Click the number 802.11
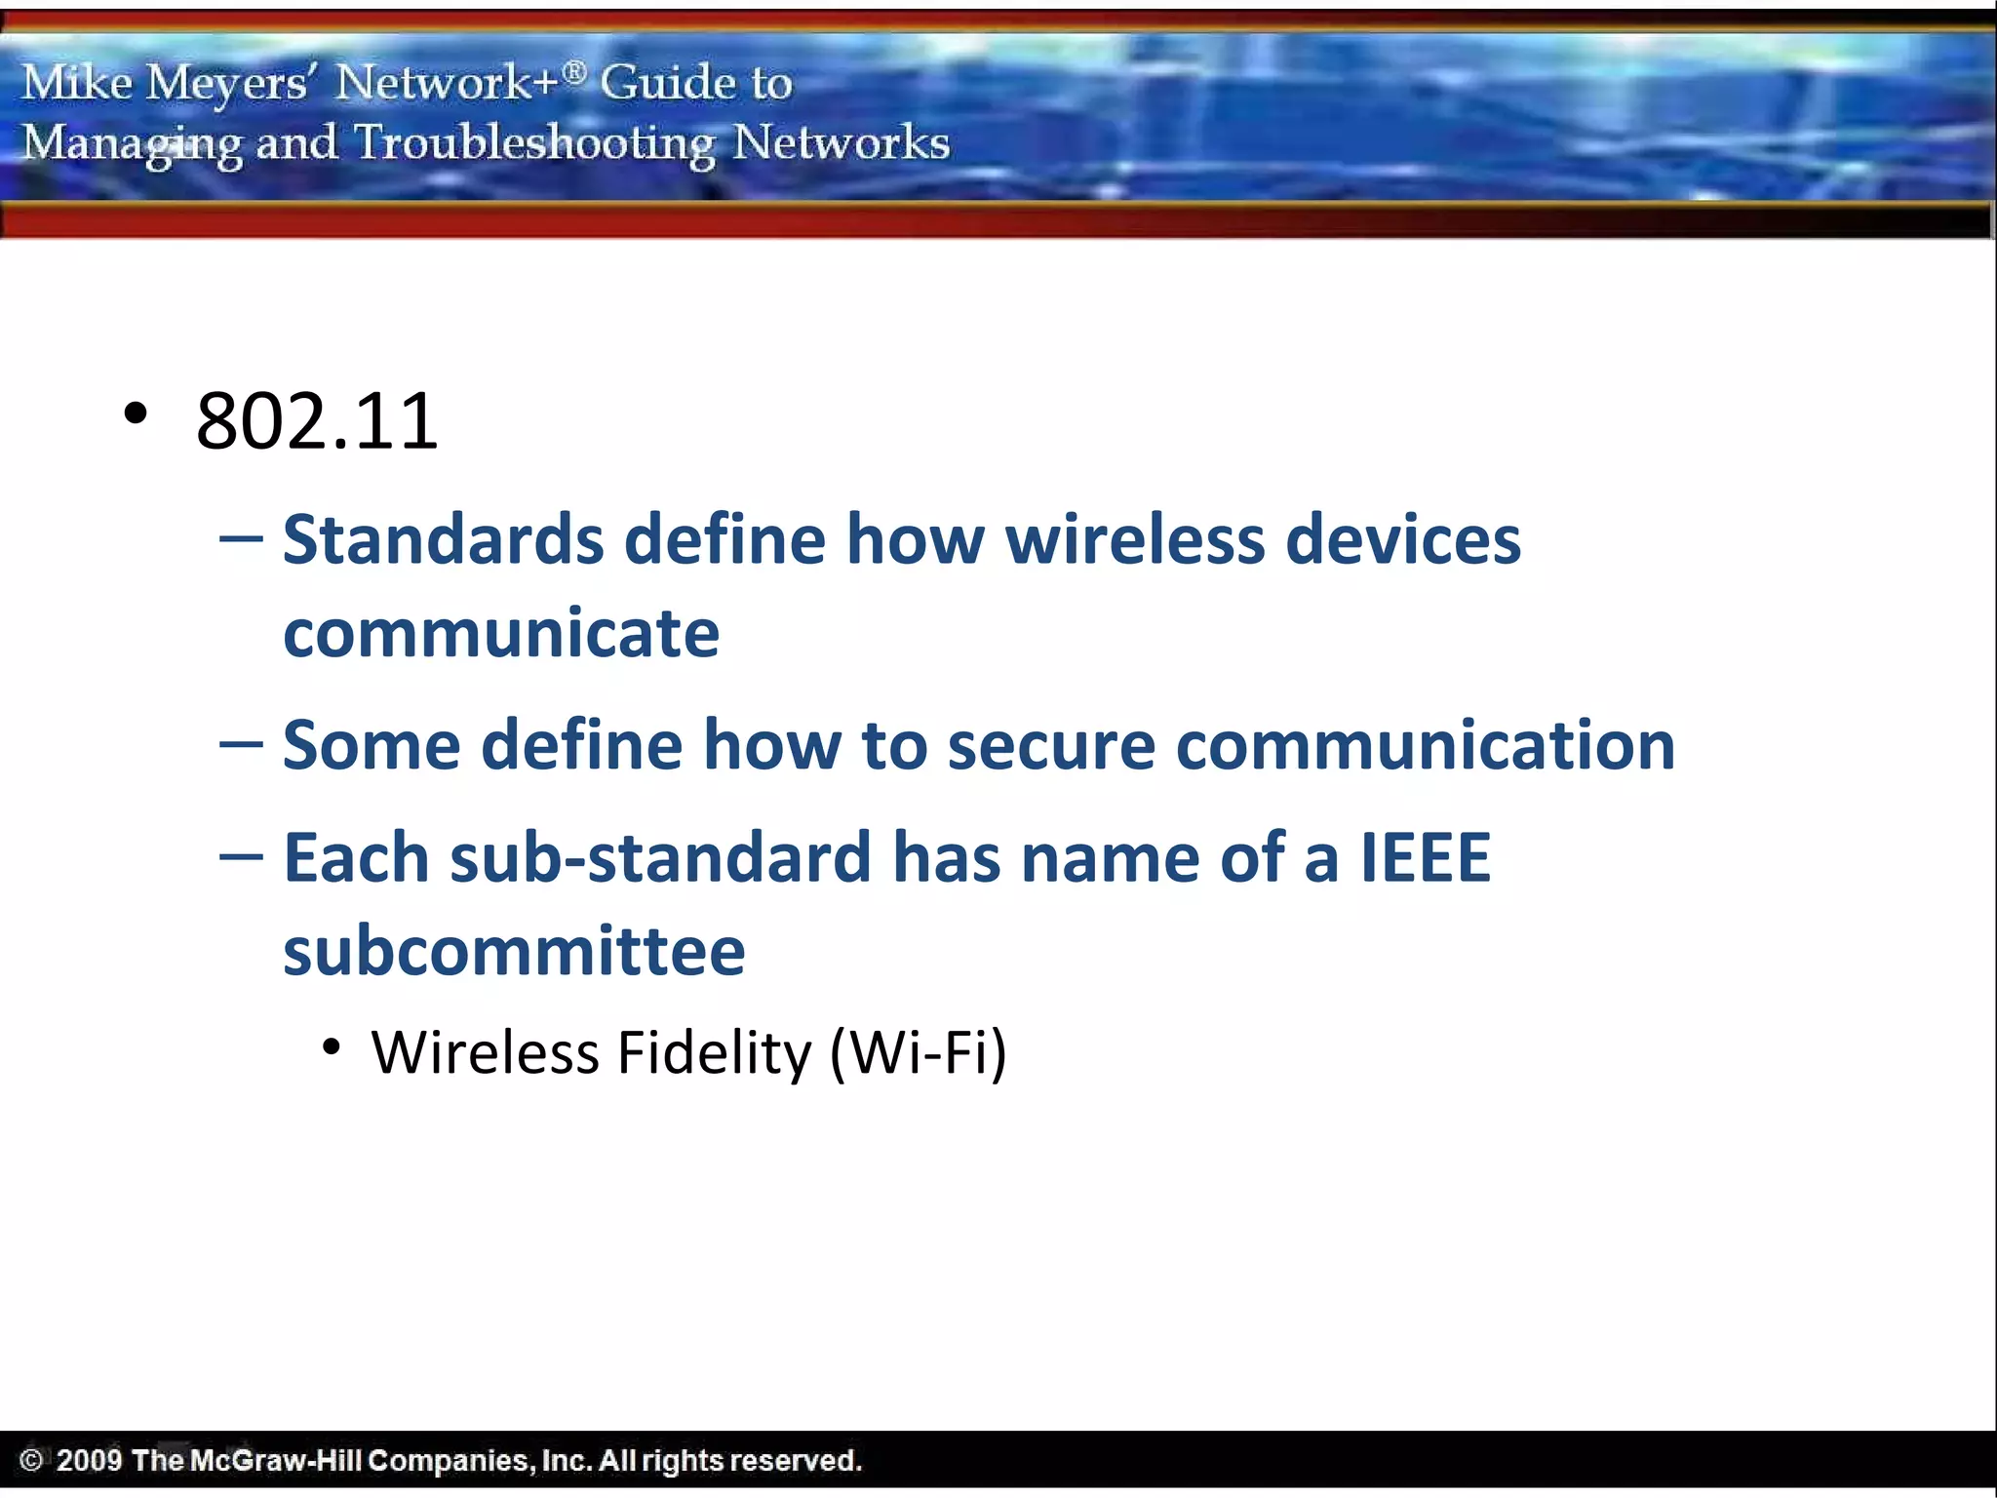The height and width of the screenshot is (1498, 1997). tap(317, 421)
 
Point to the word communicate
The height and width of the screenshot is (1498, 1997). tap(501, 634)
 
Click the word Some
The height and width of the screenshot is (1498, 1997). tap(371, 746)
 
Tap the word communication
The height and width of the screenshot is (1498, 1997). tap(1425, 746)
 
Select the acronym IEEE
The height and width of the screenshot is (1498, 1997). tap(1425, 858)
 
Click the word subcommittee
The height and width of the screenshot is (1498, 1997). tap(514, 952)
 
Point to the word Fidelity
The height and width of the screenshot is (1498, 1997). tap(714, 1053)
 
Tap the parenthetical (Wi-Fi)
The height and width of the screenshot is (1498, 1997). tap(918, 1053)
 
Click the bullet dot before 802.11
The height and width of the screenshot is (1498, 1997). tap(136, 414)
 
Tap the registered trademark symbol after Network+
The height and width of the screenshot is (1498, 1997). tap(575, 70)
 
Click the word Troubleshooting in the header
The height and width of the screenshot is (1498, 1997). tap(534, 143)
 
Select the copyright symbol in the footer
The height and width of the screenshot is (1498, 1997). tap(31, 1460)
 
